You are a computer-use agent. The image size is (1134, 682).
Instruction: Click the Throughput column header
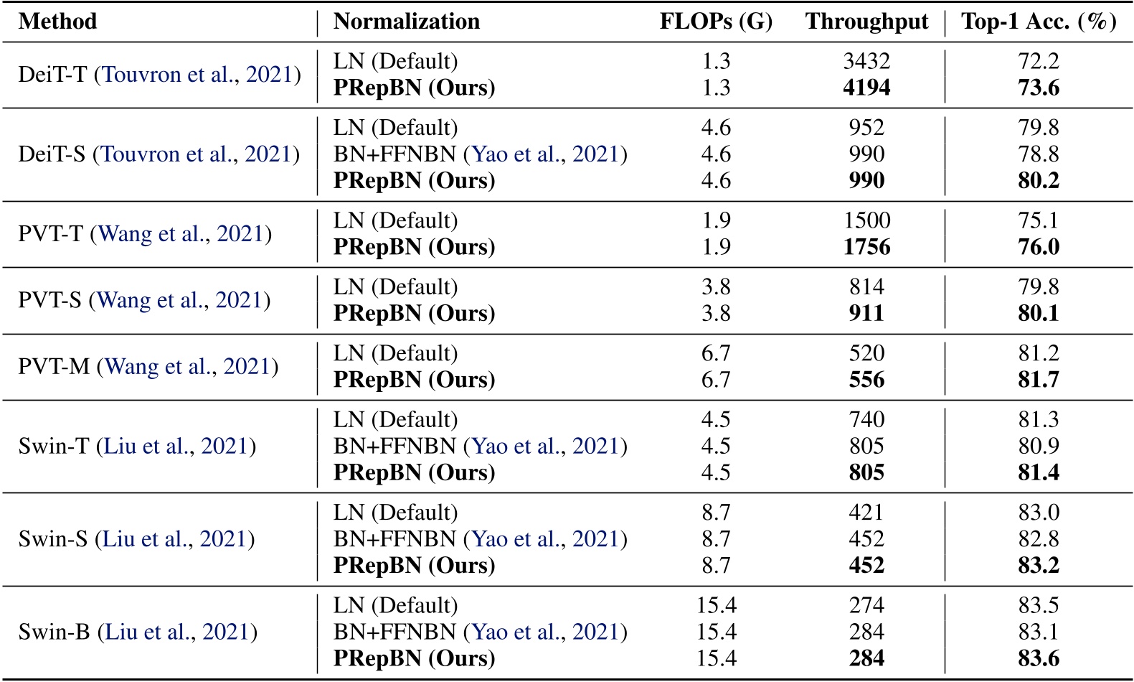coord(866,22)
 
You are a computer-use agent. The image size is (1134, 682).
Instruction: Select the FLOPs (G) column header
coord(716,22)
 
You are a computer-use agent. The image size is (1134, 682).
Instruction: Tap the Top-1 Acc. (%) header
coord(1039,22)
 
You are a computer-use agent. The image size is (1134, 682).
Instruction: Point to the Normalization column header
coord(407,22)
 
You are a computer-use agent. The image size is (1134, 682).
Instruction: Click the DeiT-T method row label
coord(159,75)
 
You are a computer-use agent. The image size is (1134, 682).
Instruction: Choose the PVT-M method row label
coord(148,367)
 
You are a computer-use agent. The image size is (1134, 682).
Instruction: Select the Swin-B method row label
coord(138,632)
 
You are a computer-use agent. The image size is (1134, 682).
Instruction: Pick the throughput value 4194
coord(866,88)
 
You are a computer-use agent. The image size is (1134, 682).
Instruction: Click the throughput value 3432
coord(866,62)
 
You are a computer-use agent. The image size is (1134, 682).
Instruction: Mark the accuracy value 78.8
coord(1039,154)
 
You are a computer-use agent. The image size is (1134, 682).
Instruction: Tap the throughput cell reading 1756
coord(866,247)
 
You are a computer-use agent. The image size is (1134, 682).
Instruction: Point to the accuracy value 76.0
coord(1039,247)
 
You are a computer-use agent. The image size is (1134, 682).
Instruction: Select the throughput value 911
coord(866,314)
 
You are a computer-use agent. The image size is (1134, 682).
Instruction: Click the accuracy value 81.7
coord(1039,380)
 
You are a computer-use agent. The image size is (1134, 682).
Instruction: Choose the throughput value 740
coord(866,420)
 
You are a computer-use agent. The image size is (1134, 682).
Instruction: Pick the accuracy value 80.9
coord(1039,447)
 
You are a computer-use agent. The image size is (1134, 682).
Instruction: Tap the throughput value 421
coord(866,513)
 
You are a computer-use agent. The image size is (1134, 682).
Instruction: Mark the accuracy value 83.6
coord(1039,658)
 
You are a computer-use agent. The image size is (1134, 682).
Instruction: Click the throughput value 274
coord(866,605)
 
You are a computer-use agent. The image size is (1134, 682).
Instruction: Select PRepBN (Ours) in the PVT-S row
coord(414,314)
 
